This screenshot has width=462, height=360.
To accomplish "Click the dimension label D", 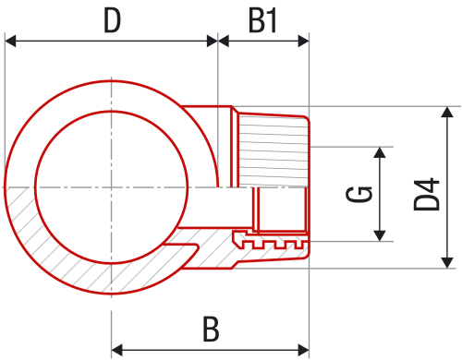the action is coord(112,20).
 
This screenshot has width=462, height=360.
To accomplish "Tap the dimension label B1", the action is coord(263,20).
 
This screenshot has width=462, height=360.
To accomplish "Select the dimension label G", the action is coord(363,193).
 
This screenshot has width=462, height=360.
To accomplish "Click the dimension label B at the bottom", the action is coord(211,330).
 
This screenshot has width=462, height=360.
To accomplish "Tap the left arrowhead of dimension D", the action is coord(11,40).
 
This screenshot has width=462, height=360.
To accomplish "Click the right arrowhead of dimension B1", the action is coord(303,40).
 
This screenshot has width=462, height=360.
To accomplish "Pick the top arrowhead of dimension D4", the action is coord(448,114).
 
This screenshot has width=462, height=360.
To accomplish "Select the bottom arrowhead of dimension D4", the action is coord(448,261).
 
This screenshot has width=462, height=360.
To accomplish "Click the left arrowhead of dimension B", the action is coord(117,350).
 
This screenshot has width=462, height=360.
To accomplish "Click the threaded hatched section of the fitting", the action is coord(272,148).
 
